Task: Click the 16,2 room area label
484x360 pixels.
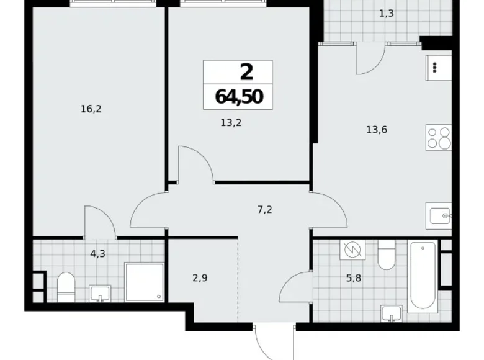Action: click(x=91, y=109)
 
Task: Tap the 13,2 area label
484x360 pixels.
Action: click(x=230, y=122)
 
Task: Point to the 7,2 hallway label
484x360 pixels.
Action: click(x=265, y=209)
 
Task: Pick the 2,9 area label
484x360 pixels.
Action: click(x=199, y=278)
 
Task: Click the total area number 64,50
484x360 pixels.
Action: click(x=238, y=96)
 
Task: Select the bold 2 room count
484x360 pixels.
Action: click(x=246, y=72)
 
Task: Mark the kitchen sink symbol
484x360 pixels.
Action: click(x=439, y=216)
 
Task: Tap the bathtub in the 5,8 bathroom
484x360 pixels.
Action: click(x=423, y=277)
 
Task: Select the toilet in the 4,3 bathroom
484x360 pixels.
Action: click(x=66, y=287)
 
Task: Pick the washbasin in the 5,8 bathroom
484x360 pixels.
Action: click(x=391, y=314)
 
